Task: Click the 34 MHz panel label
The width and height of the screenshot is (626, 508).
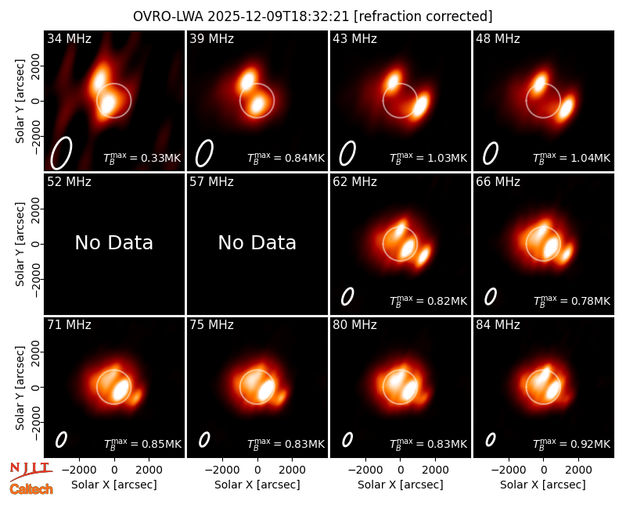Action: tap(69, 38)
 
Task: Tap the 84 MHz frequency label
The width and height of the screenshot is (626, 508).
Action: tap(498, 325)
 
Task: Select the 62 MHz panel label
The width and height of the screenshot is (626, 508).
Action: tap(354, 182)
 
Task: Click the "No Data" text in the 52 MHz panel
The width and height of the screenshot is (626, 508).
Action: tap(113, 242)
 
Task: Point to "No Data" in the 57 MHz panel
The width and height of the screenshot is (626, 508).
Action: tap(257, 242)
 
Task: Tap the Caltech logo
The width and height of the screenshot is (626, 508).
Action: tap(31, 489)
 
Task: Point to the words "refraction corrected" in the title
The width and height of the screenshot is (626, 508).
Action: tap(423, 16)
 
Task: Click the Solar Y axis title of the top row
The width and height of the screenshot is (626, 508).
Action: tap(20, 102)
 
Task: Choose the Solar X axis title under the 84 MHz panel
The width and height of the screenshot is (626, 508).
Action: tap(543, 485)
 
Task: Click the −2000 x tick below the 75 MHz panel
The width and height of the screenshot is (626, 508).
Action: tap(222, 470)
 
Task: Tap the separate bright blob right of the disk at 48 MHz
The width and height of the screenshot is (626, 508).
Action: tap(566, 107)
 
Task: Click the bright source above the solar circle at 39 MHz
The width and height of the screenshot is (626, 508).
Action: tap(247, 80)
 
